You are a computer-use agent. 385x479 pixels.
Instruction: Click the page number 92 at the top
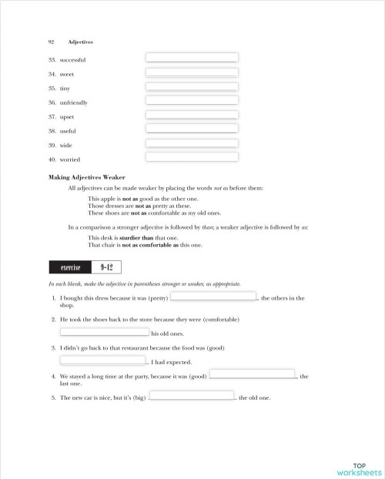point(51,42)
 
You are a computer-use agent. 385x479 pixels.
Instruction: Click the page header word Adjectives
point(80,42)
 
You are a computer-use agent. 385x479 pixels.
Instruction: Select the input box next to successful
point(192,58)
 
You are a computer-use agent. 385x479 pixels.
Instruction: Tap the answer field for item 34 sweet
point(192,72)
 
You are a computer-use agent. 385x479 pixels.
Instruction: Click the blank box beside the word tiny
point(192,86)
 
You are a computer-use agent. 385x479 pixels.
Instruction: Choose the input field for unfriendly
point(192,100)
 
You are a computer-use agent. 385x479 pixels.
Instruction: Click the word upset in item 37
point(69,116)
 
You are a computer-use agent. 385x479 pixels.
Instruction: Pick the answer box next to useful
point(192,129)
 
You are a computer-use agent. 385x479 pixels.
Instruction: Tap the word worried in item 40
point(72,159)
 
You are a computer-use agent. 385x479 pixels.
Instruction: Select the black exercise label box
point(71,267)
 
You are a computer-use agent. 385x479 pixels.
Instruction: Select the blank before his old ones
point(104,332)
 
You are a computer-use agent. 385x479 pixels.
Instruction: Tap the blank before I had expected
point(102,360)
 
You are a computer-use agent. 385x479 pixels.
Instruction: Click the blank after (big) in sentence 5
point(191,396)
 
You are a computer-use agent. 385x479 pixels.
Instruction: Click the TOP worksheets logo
point(358,469)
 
